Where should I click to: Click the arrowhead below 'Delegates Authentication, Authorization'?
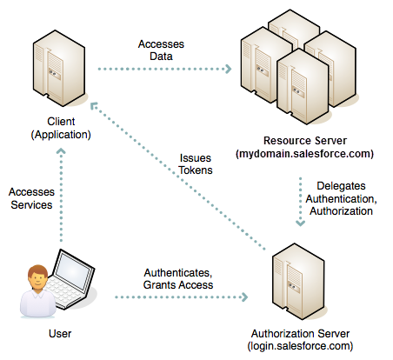click(x=302, y=223)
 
